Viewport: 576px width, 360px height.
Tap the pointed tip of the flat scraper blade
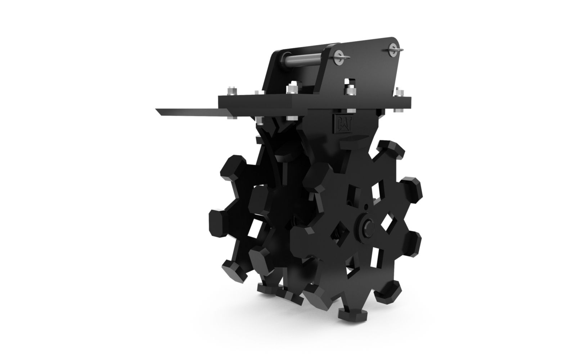pos(156,109)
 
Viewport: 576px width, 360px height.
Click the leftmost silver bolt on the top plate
pos(232,90)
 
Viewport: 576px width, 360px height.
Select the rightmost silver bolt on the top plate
pos(399,92)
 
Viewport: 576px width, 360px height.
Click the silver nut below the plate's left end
pos(233,117)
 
